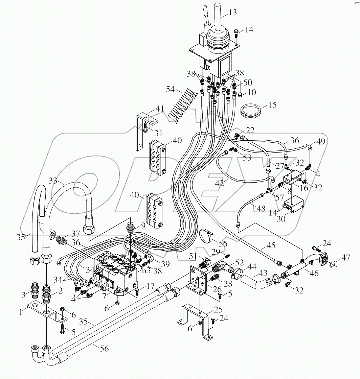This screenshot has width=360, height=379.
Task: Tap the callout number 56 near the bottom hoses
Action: [x=105, y=348]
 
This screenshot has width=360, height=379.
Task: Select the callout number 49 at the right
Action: [x=321, y=142]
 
